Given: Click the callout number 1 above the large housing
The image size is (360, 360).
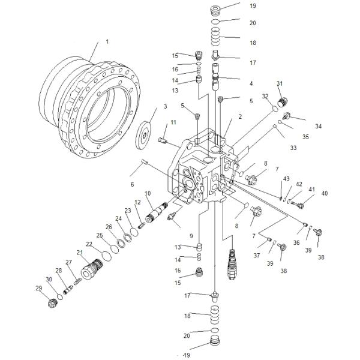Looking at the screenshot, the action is click(x=107, y=42).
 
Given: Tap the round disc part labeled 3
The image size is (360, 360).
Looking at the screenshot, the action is click(x=144, y=136).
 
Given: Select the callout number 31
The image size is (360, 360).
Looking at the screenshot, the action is click(x=280, y=83).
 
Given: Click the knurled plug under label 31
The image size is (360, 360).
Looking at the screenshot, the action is click(x=282, y=102).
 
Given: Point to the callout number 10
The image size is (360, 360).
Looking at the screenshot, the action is click(x=148, y=193).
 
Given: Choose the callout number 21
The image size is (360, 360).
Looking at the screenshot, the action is click(x=80, y=253).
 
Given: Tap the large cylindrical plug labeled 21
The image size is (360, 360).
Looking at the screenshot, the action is click(x=92, y=269).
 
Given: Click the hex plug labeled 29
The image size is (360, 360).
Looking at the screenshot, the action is click(x=52, y=303).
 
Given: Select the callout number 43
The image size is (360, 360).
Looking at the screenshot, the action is click(x=286, y=179).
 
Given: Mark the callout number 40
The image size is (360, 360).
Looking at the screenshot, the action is click(x=325, y=193).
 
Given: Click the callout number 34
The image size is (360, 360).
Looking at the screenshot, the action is click(x=318, y=126).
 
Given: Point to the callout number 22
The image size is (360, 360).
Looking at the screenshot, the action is click(x=89, y=244).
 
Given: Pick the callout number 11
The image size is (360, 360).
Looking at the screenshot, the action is click(x=173, y=122).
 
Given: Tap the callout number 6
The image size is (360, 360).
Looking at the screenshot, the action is click(x=132, y=184).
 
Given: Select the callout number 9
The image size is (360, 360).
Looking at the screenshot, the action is click(x=191, y=236).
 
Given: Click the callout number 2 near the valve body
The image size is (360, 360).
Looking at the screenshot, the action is click(x=240, y=116).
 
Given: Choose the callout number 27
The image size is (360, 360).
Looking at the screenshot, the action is click(x=68, y=262).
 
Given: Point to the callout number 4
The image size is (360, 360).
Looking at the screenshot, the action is click(x=251, y=83).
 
